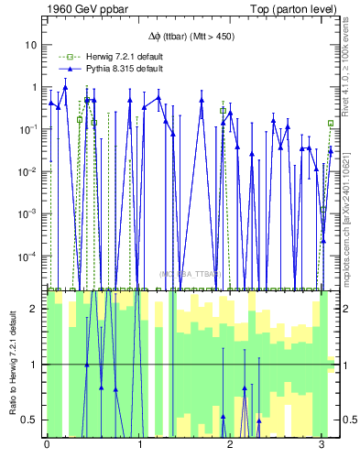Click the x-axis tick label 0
click(x=47, y=444)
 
